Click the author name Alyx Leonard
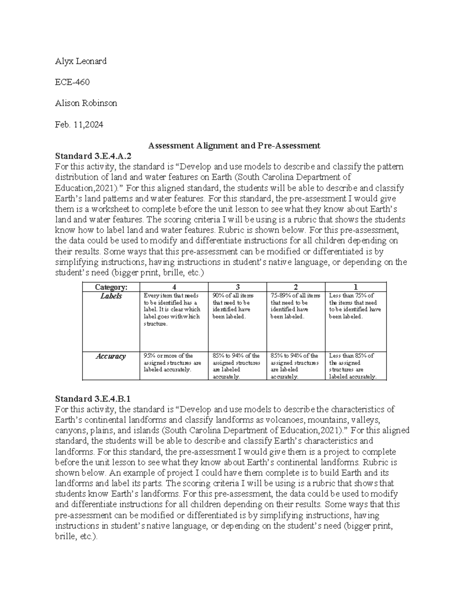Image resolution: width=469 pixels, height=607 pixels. point(81,61)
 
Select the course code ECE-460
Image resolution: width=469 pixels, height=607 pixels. point(72,82)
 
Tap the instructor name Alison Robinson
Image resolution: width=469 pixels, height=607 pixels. point(86,104)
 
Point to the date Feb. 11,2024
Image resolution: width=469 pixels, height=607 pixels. point(79,125)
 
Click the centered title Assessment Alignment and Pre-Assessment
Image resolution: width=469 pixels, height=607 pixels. point(234,146)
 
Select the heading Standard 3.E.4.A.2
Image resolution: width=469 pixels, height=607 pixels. point(93,156)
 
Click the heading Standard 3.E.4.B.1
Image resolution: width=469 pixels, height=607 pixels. point(93,399)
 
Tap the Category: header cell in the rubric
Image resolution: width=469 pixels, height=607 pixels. point(111,287)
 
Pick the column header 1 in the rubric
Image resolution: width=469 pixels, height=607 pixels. point(355,287)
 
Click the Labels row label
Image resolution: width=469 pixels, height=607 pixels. point(111,296)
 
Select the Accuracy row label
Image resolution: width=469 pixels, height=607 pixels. point(111,356)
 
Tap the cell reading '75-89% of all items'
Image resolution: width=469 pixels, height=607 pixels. point(295,306)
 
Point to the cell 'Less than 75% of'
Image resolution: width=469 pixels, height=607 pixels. point(355,306)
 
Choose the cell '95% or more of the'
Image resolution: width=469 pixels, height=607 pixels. point(172,362)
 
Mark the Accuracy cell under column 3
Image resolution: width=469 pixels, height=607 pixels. point(236,366)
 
